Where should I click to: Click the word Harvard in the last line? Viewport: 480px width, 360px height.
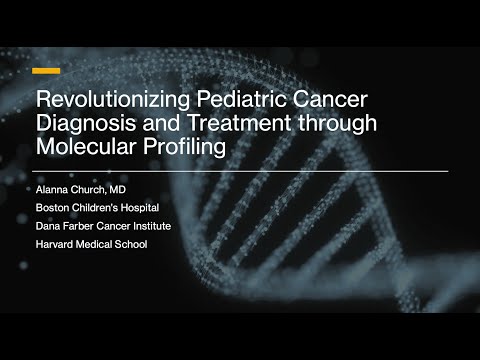click(x=53, y=245)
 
